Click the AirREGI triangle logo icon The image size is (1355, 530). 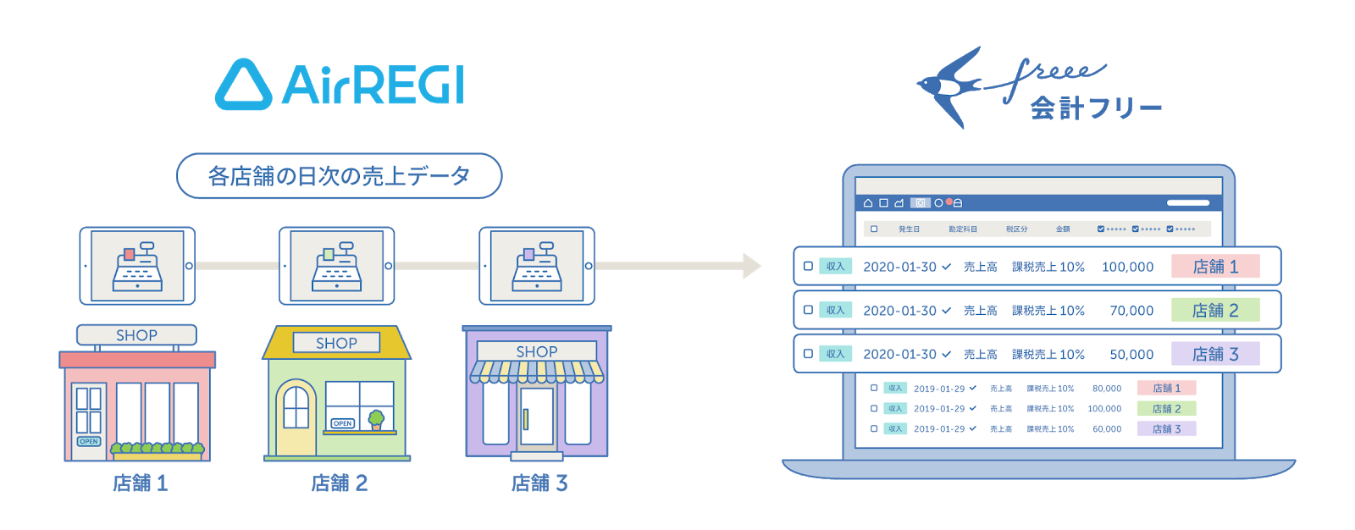pos(243,85)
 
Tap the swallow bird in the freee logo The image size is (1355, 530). pos(953,86)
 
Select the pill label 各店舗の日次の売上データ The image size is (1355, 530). pos(339,176)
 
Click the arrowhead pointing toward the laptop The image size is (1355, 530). pos(751,266)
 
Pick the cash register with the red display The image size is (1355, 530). pos(137,266)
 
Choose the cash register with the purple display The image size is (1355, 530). pos(537,266)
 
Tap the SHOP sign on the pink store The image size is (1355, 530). pos(136,335)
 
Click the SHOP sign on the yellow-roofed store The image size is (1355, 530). pos(336,343)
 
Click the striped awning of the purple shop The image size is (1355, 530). pos(536,371)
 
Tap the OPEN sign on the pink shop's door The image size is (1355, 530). pos(89,441)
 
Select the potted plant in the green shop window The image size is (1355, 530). pos(376,419)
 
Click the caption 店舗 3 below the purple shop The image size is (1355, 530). pos(539,483)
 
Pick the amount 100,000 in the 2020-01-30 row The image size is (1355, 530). pos(1127,267)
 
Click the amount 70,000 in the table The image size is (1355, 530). pos(1131,311)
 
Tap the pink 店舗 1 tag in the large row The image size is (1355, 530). pos(1215,267)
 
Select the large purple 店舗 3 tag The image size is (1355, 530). pos(1215,354)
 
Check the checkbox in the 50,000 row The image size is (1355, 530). pos(808,354)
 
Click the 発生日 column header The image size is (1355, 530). pos(909,229)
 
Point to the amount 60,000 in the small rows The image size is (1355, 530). pos(1106,429)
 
